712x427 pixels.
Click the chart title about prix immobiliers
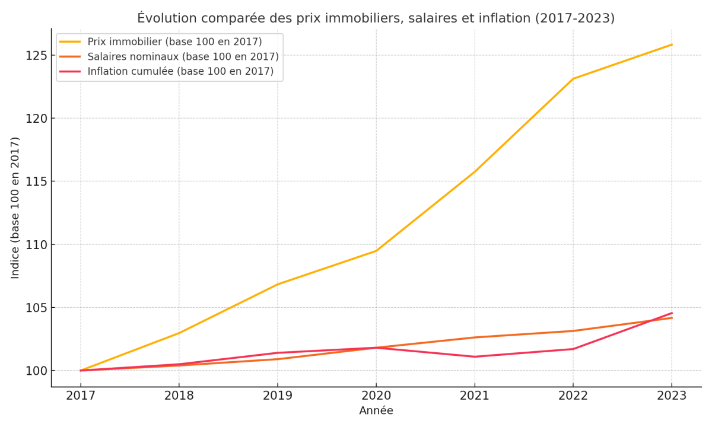(x=376, y=18)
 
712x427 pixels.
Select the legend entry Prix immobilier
(x=174, y=42)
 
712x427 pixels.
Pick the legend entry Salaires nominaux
(x=183, y=57)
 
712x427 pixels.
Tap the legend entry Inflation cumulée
(x=180, y=71)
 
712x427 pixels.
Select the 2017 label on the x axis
(x=81, y=396)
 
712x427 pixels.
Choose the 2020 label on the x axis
(x=376, y=396)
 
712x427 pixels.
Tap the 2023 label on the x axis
(x=672, y=396)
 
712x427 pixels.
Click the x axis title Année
(x=376, y=411)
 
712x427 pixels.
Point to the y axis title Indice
(x=15, y=208)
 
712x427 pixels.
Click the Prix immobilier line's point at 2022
(x=573, y=78)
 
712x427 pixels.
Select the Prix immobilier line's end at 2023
(x=672, y=44)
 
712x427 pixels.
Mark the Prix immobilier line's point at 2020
(x=376, y=250)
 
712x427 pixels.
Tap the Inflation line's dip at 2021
(x=475, y=356)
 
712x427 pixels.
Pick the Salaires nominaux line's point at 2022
(x=573, y=331)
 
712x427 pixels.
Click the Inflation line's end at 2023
(x=672, y=313)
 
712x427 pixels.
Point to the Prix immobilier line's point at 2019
(x=278, y=284)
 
